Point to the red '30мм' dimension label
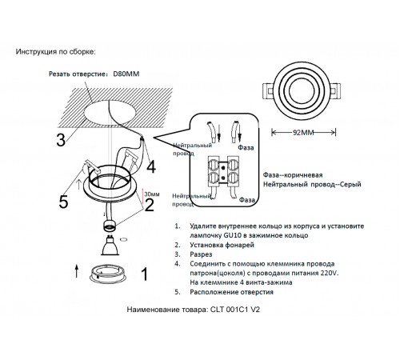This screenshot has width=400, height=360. coord(150,194)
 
